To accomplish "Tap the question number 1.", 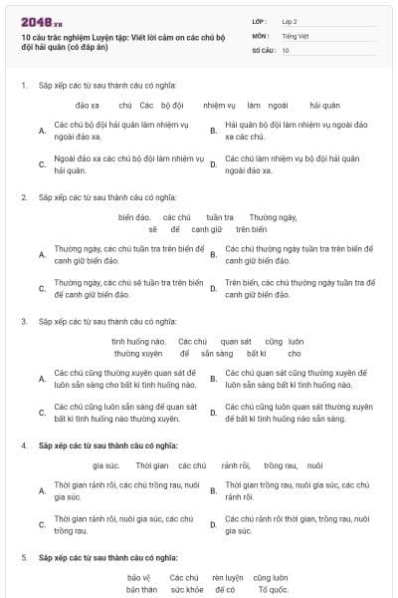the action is pyautogui.click(x=23, y=85).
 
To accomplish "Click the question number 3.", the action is pyautogui.click(x=23, y=321).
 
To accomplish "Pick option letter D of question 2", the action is pyautogui.click(x=213, y=289).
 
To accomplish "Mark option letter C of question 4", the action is pyautogui.click(x=42, y=525).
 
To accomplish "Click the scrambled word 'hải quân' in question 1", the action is pyautogui.click(x=324, y=105).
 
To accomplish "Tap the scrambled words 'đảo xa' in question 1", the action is pyautogui.click(x=88, y=105).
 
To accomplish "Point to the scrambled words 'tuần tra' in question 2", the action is pyautogui.click(x=220, y=217).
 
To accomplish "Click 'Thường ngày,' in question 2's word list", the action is pyautogui.click(x=273, y=217).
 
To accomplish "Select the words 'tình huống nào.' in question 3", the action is pyautogui.click(x=138, y=342).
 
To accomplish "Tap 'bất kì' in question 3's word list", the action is pyautogui.click(x=257, y=354).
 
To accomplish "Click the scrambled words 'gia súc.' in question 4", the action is pyautogui.click(x=105, y=465).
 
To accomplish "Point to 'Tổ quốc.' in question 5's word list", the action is pyautogui.click(x=272, y=590).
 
